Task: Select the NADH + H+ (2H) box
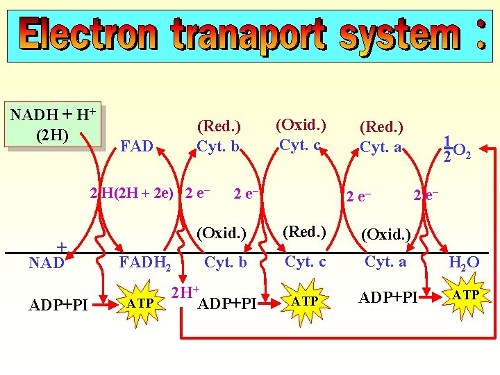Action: (53, 125)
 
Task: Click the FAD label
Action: (137, 147)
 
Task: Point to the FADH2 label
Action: (147, 263)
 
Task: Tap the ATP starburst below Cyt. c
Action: (305, 301)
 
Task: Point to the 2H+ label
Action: (185, 292)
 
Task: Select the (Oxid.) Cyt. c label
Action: (301, 136)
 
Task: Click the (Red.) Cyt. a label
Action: (381, 137)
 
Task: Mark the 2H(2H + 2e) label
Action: (132, 193)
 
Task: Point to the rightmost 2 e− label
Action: (426, 194)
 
